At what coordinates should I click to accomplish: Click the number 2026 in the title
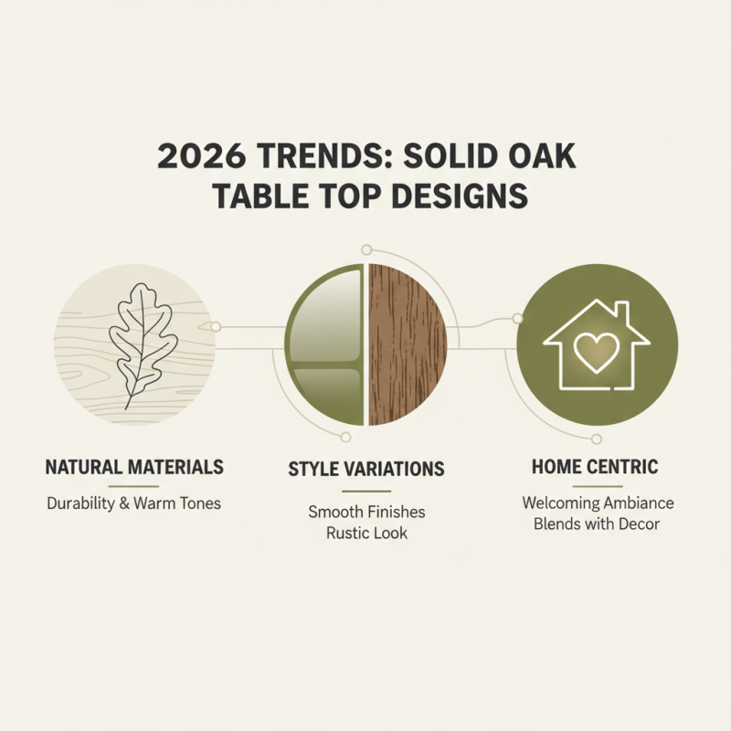pos(196,158)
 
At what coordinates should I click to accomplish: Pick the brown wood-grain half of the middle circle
pos(408,345)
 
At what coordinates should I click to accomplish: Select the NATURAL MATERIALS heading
pos(134,467)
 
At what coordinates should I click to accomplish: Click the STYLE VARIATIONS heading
pos(366,470)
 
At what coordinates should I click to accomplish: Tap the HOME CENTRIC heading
pos(597,467)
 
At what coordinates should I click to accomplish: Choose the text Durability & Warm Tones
pos(134,503)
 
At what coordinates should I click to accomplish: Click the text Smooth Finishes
pos(366,512)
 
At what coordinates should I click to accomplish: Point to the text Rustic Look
pos(366,533)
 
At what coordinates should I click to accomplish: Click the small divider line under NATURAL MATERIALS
pos(134,486)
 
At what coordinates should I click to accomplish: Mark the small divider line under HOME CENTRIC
pos(597,486)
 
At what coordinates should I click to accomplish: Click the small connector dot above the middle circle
pos(366,249)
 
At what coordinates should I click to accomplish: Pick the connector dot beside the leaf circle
pos(216,326)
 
